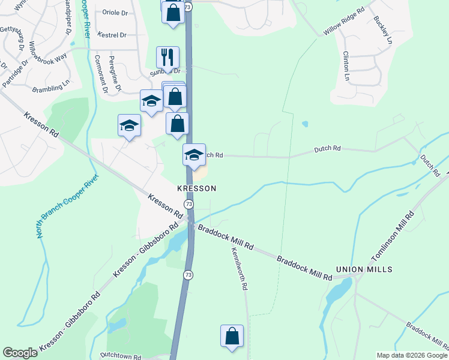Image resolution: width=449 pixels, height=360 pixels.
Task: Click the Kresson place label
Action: tap(196, 188)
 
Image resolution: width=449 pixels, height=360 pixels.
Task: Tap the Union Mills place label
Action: tap(364, 269)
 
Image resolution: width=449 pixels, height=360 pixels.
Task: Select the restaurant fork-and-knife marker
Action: tap(167, 58)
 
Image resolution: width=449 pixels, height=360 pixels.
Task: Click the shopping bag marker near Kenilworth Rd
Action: tap(232, 338)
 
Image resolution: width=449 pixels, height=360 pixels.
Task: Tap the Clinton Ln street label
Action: tap(346, 66)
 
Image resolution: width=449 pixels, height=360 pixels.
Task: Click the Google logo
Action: tap(20, 353)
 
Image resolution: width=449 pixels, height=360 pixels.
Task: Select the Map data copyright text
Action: tap(412, 355)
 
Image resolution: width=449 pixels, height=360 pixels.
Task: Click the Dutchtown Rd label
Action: tap(121, 356)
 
